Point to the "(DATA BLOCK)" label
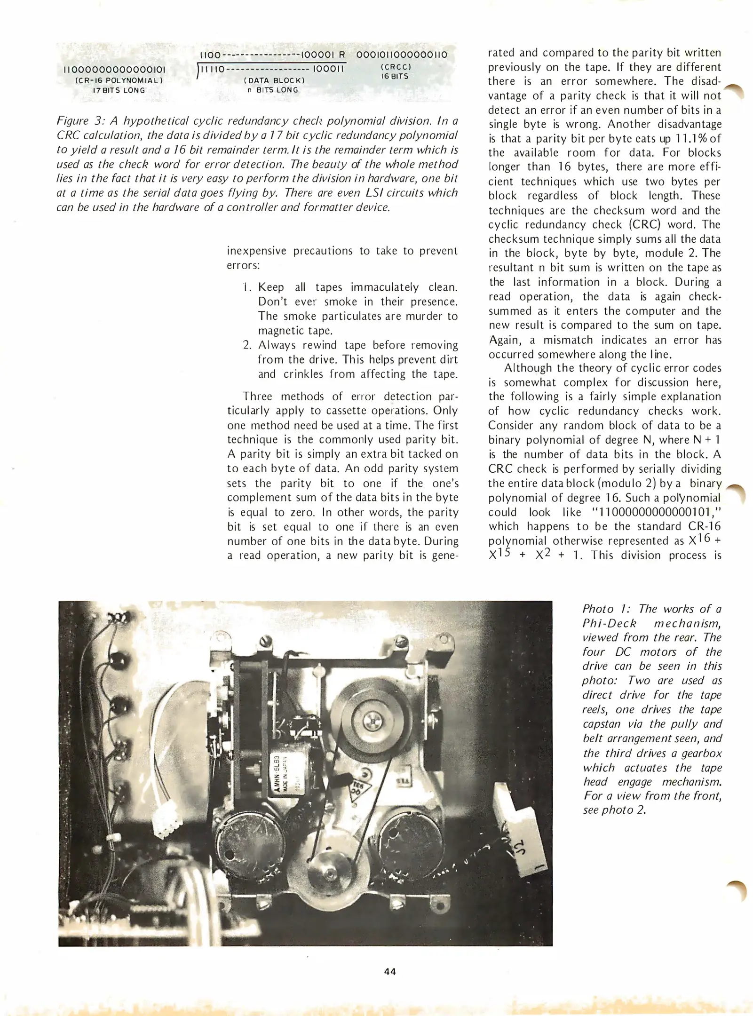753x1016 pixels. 274,80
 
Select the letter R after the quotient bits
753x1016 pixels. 342,55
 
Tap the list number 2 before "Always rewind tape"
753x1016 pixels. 247,345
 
